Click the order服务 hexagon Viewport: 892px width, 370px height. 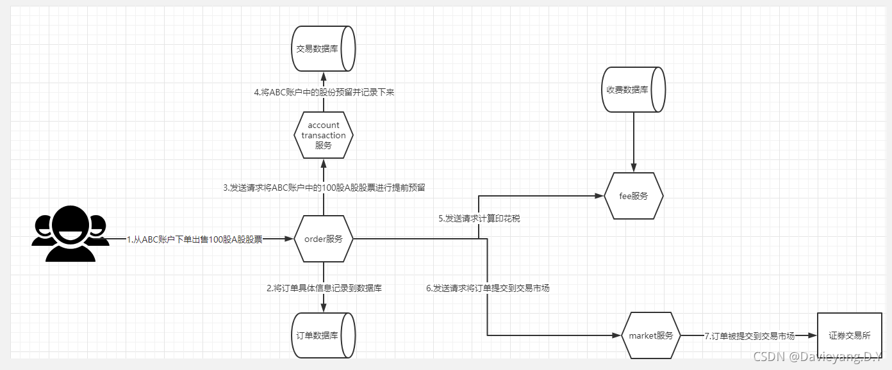click(324, 239)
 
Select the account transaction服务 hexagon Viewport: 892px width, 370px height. click(324, 135)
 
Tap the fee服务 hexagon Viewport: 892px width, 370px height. click(634, 196)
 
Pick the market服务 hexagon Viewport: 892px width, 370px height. click(650, 335)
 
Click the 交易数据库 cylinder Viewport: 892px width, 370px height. click(323, 48)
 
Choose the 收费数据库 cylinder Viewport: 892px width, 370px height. click(633, 90)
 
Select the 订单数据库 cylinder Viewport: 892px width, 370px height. click(323, 335)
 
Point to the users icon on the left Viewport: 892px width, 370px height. click(70, 234)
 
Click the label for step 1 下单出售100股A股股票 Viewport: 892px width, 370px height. click(194, 239)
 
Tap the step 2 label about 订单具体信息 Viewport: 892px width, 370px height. click(324, 288)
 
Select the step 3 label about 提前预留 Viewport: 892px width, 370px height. click(324, 188)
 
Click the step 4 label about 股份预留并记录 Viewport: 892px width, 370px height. click(324, 92)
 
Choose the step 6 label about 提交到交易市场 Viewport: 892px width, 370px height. click(488, 288)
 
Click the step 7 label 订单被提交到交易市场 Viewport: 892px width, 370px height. click(749, 335)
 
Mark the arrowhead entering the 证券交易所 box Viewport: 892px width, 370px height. click(813, 335)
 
